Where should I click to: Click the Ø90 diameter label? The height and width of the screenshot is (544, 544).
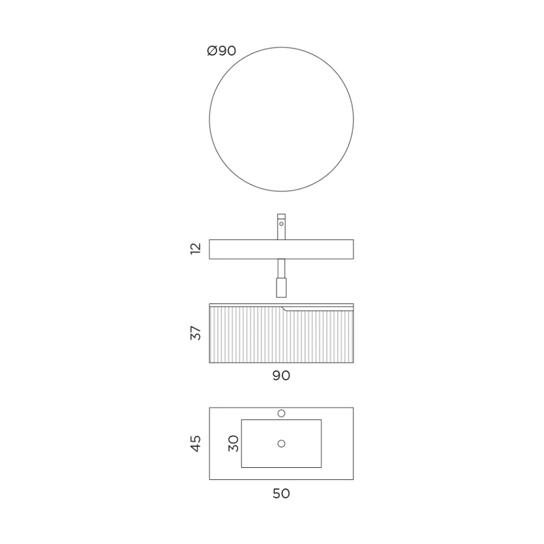[222, 51]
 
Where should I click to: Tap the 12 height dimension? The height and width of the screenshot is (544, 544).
[196, 249]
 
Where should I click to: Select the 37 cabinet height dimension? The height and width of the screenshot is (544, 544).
[196, 333]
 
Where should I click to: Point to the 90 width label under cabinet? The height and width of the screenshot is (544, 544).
[281, 376]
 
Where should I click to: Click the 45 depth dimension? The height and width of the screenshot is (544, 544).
[196, 443]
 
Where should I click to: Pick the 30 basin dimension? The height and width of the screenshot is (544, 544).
[233, 443]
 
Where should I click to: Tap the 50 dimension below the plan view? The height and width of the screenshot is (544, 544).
[281, 493]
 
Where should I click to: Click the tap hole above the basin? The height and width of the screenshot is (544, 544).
[281, 413]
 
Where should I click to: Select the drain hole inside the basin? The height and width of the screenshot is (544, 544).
[281, 443]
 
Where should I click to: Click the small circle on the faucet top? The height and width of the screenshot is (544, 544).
[281, 224]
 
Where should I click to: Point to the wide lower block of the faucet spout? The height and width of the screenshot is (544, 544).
[281, 287]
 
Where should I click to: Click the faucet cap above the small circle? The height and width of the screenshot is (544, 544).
[281, 216]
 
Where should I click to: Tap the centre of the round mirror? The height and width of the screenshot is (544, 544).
[281, 119]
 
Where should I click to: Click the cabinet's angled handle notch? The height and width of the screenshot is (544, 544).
[286, 309]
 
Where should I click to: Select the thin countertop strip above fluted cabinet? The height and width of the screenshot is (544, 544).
[281, 305]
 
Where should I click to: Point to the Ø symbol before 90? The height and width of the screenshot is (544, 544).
[211, 51]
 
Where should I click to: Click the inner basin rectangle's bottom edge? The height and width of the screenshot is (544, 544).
[281, 467]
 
